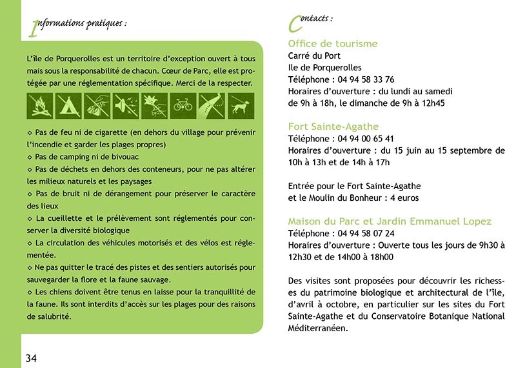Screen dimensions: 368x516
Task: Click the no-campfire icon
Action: [39, 104]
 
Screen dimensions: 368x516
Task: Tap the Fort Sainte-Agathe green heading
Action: [333, 127]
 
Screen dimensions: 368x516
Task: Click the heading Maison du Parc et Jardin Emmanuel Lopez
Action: [390, 221]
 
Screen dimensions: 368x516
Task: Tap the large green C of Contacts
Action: [295, 24]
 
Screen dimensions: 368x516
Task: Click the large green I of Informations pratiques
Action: [34, 28]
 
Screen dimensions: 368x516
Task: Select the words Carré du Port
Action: [314, 56]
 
